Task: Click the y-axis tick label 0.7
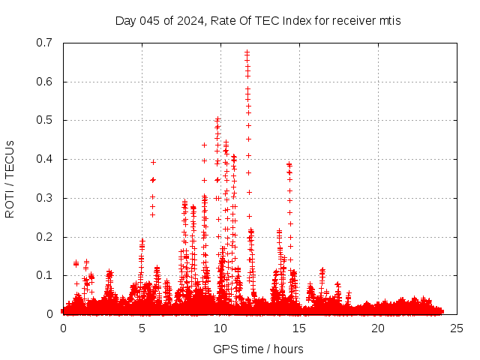point(46,43)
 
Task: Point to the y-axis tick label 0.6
point(46,82)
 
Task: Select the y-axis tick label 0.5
point(46,121)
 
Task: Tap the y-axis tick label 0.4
point(46,159)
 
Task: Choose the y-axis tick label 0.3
point(46,198)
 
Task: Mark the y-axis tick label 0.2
point(46,237)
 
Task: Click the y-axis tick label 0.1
point(46,276)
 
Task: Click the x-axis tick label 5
point(142,328)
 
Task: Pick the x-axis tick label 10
point(220,328)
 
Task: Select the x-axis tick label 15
point(299,328)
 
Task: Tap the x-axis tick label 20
point(378,328)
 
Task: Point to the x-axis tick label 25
point(457,328)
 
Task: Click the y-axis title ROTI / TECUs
point(10,178)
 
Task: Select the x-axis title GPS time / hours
point(258,349)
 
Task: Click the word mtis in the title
point(389,20)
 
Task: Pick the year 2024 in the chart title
point(191,20)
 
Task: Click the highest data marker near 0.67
point(247,52)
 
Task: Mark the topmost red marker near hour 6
point(153,162)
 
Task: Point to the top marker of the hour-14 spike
point(289,163)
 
